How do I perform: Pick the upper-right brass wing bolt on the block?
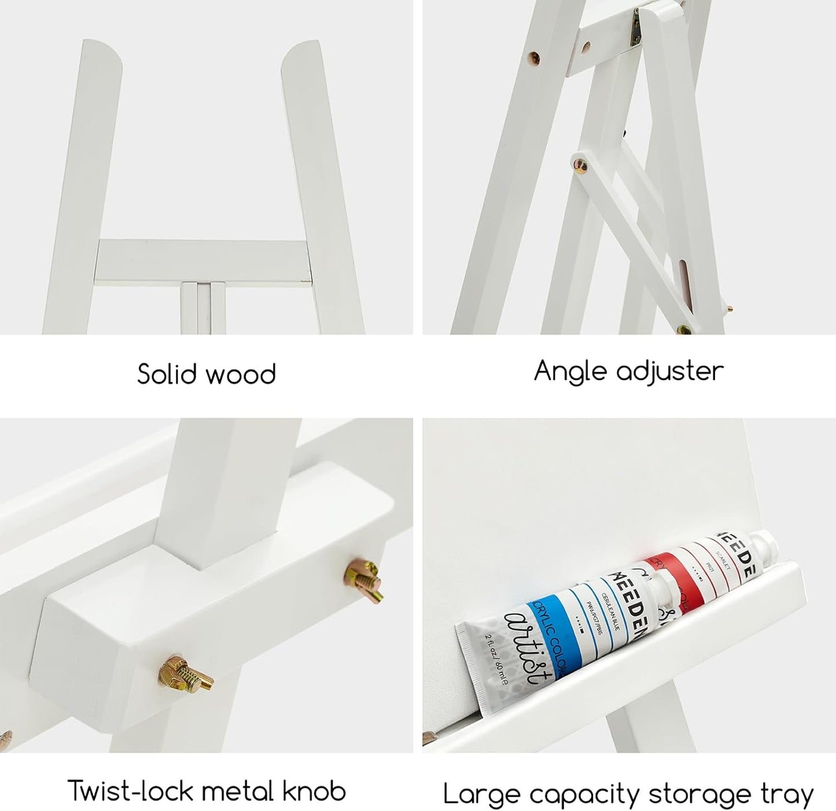[363, 578]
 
